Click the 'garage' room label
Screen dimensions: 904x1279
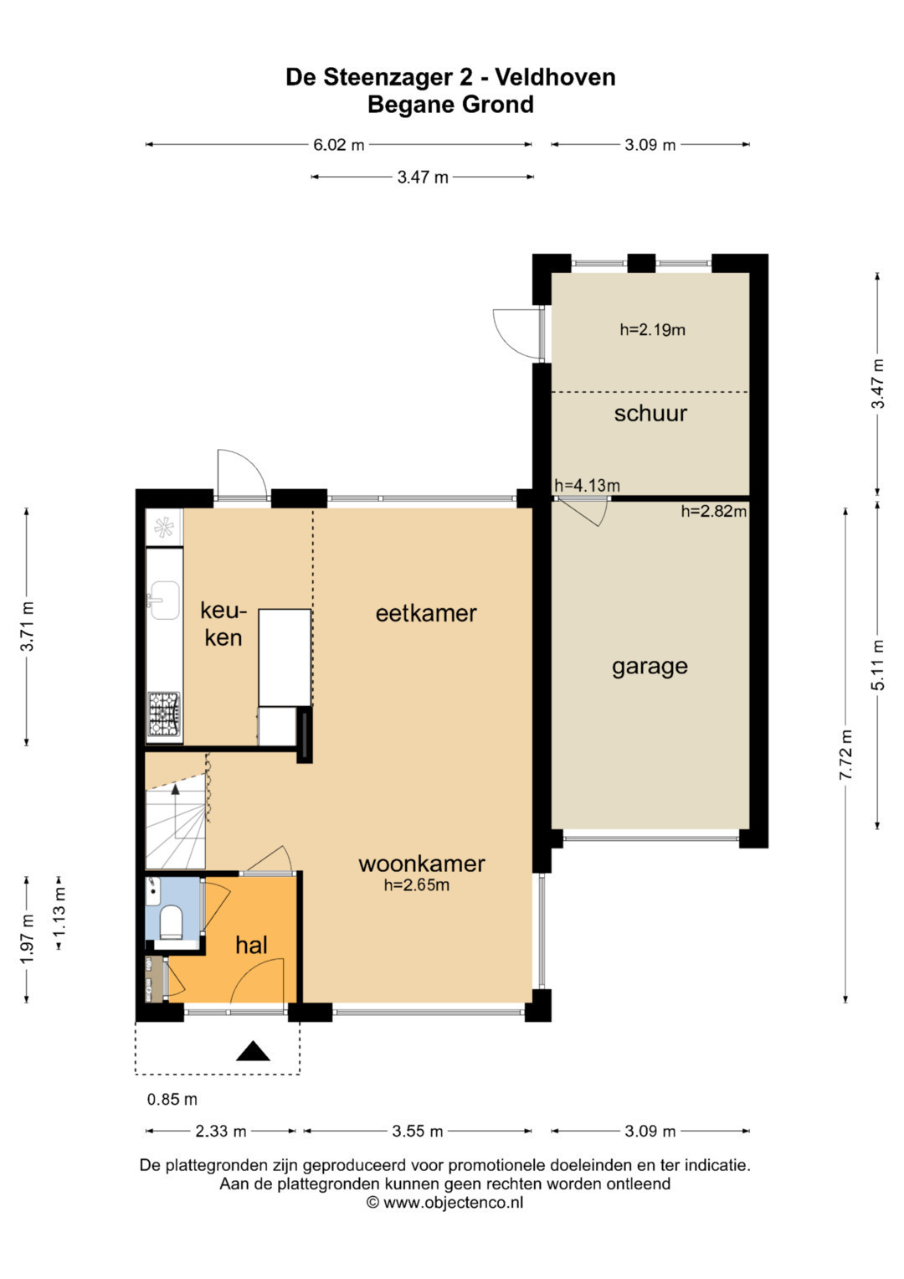[650, 667]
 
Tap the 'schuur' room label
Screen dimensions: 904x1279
[650, 414]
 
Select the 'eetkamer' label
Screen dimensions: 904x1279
[426, 613]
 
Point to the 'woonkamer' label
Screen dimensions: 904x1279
[422, 864]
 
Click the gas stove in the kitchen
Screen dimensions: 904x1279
[164, 713]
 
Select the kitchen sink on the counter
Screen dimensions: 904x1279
[163, 600]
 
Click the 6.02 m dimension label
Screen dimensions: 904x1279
[338, 145]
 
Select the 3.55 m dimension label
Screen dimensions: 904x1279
[417, 1131]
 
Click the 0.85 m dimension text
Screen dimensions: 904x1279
[172, 1099]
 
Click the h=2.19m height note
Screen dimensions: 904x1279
[652, 329]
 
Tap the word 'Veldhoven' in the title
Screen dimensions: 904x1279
[555, 77]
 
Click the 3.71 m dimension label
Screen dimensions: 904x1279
[28, 627]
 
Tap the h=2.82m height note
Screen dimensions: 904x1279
[714, 511]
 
